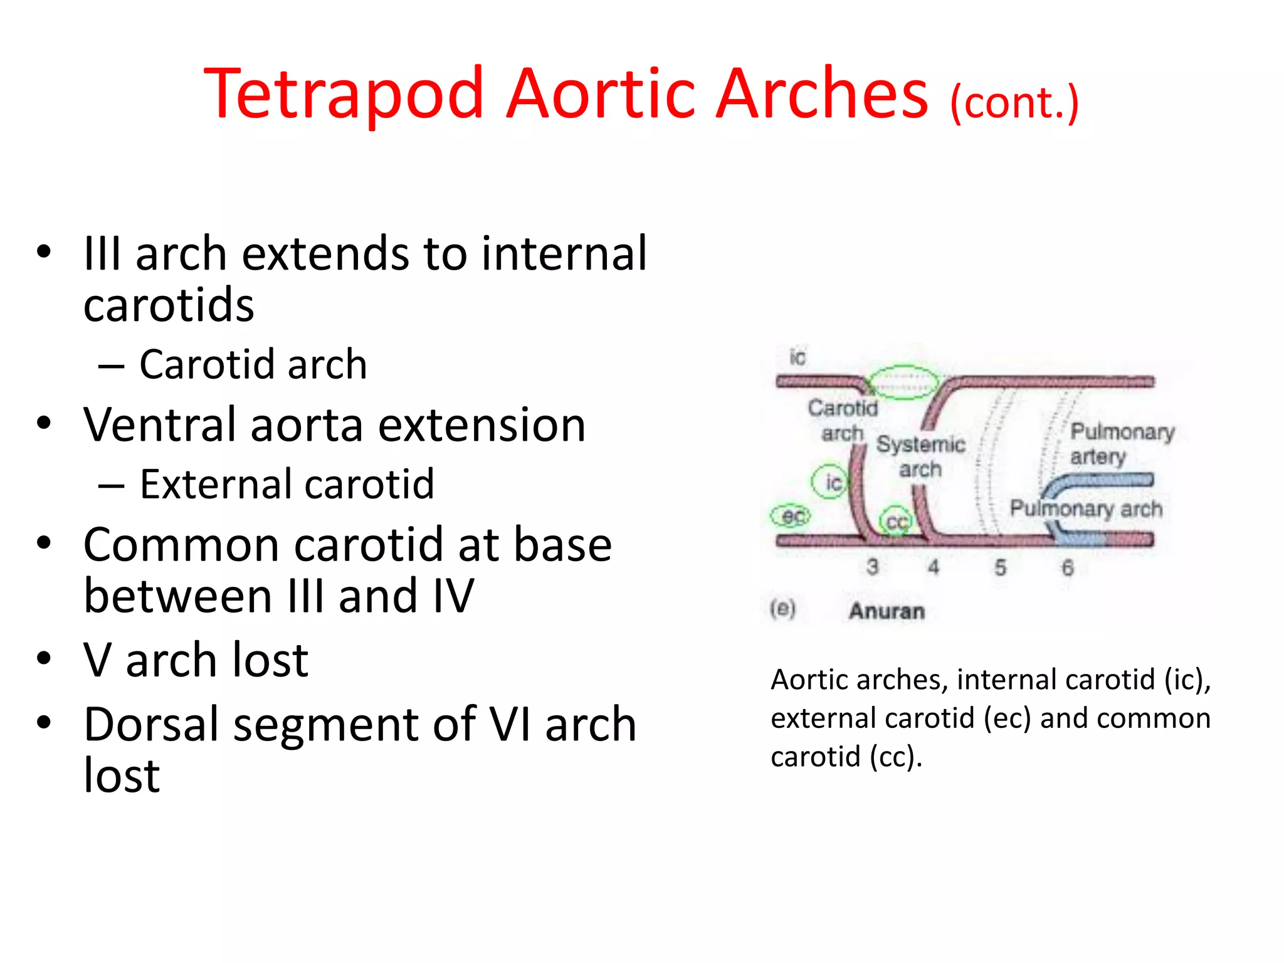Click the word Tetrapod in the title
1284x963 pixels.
[344, 94]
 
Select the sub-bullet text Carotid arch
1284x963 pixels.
[253, 364]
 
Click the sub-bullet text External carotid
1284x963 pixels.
[287, 485]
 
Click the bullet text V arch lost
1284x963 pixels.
[196, 660]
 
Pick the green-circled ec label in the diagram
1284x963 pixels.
[791, 516]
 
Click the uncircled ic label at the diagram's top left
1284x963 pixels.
[797, 357]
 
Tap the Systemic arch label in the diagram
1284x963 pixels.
[920, 456]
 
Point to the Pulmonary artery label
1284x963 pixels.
[1121, 444]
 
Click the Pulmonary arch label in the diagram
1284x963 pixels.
[1085, 508]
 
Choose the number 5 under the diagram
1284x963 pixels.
[1000, 567]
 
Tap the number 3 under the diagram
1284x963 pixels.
[872, 567]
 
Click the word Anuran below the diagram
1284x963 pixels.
[887, 611]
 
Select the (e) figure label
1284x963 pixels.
[782, 608]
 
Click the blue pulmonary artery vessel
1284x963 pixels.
[1103, 481]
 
